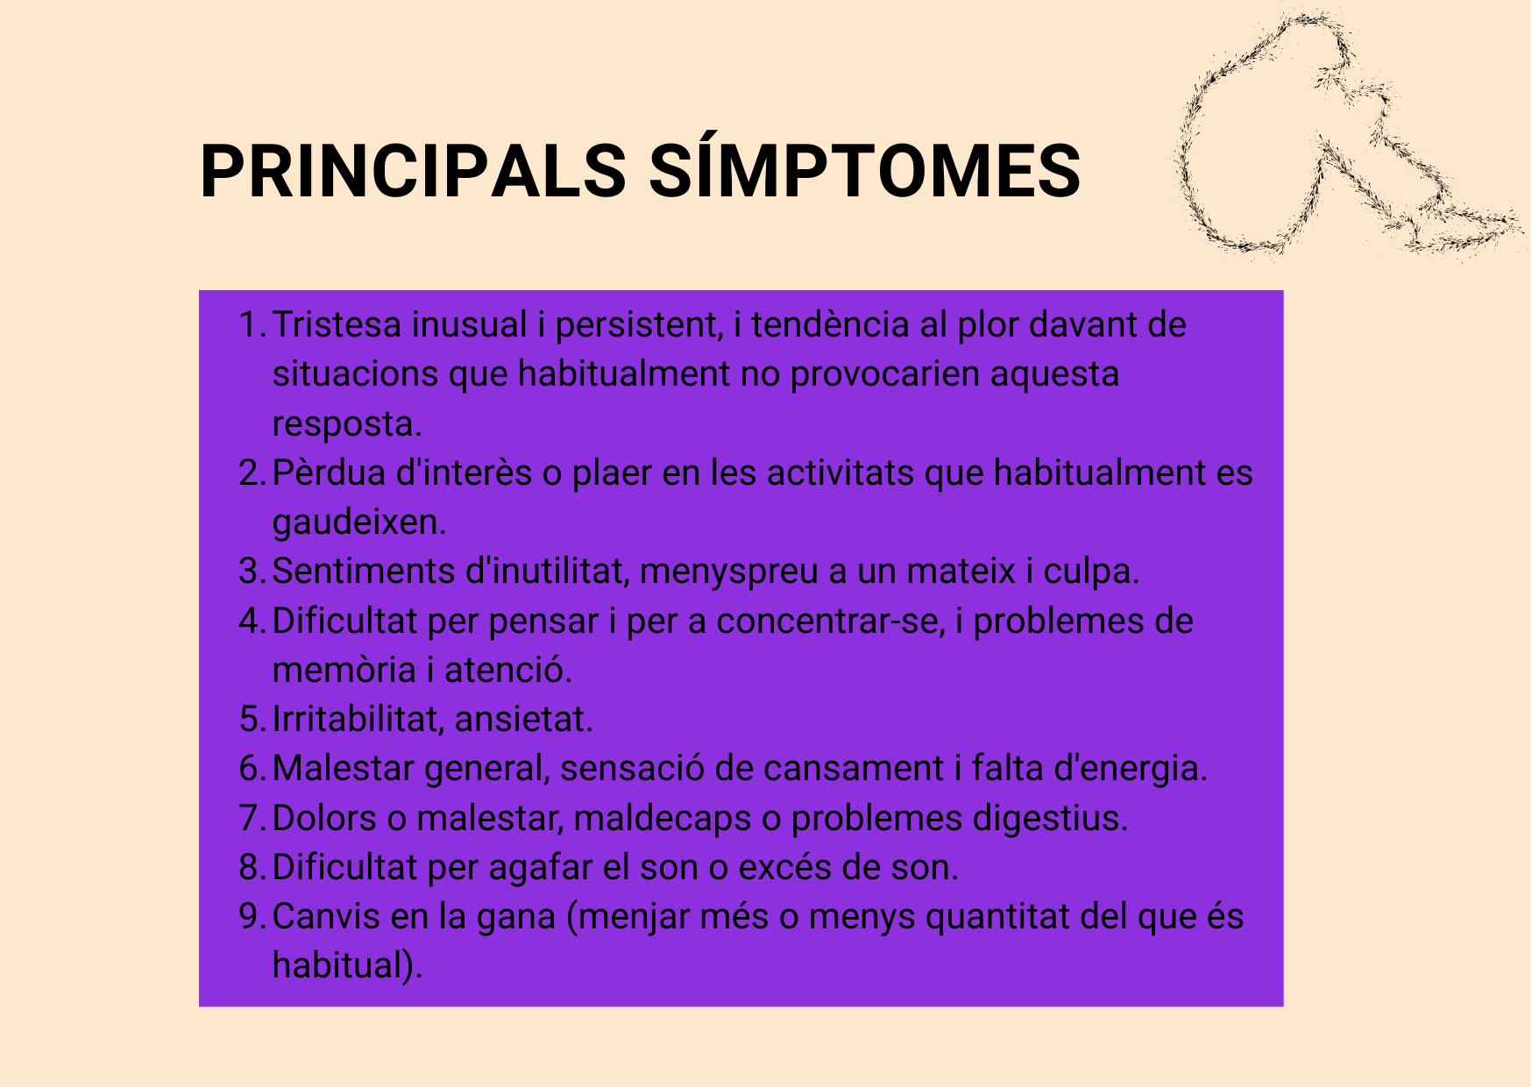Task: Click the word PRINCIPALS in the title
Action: [x=413, y=170]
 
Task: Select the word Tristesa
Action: [x=337, y=325]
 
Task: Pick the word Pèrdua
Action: [x=330, y=473]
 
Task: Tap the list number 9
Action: [x=251, y=917]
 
